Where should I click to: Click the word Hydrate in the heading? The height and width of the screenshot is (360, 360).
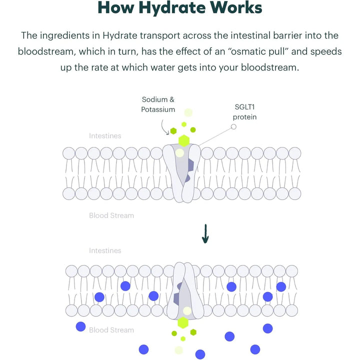click(172, 8)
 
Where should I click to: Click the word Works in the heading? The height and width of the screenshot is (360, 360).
click(234, 8)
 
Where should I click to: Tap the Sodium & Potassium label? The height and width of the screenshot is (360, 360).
click(158, 104)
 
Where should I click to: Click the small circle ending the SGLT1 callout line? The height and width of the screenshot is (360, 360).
click(233, 127)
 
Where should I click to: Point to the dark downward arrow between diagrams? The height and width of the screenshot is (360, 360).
click(204, 234)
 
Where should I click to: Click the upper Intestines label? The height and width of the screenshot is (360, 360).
click(105, 135)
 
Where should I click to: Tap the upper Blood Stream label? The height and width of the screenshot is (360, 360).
click(111, 215)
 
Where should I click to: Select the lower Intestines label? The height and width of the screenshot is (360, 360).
click(105, 250)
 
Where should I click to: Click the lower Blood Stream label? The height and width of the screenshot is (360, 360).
click(111, 330)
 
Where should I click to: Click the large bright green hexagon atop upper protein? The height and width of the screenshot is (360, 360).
click(184, 140)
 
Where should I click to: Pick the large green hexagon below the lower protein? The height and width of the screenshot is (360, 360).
click(182, 323)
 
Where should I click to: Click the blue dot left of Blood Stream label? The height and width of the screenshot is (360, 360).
click(80, 326)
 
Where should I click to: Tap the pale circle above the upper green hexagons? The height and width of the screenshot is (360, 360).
click(188, 112)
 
